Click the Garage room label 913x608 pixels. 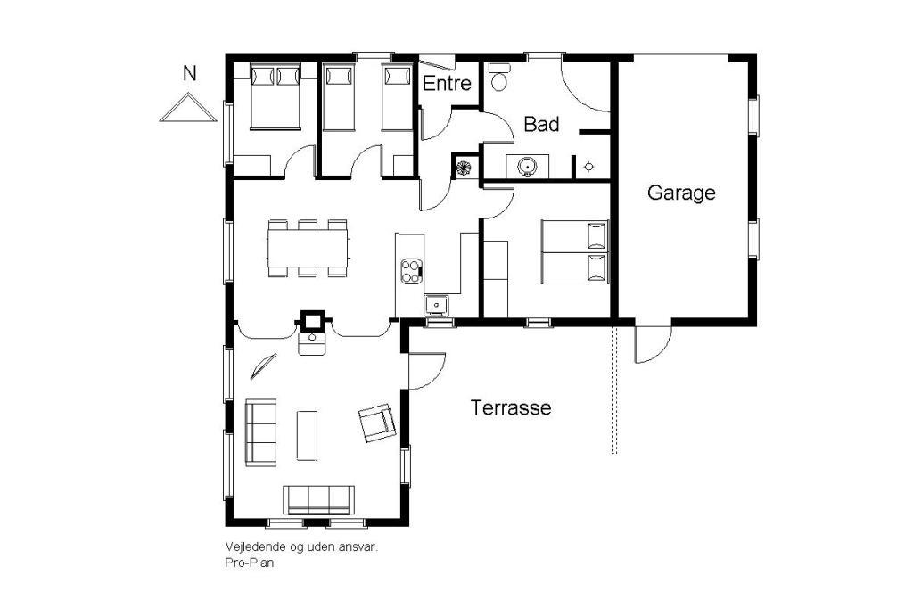[680, 193]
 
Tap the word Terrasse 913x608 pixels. [511, 407]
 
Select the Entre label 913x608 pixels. [447, 83]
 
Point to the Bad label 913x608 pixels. [541, 124]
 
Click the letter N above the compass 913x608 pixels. [189, 74]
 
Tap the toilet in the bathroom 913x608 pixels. [499, 77]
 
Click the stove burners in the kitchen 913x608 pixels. [411, 271]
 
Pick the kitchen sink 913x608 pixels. [435, 305]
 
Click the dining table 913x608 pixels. [308, 249]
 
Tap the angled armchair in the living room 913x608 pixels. [377, 423]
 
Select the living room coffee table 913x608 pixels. [307, 436]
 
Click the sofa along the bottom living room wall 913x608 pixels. [318, 499]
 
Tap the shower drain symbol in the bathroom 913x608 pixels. [588, 167]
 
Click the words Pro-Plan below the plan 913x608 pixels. [250, 563]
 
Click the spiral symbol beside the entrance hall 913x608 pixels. [464, 168]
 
